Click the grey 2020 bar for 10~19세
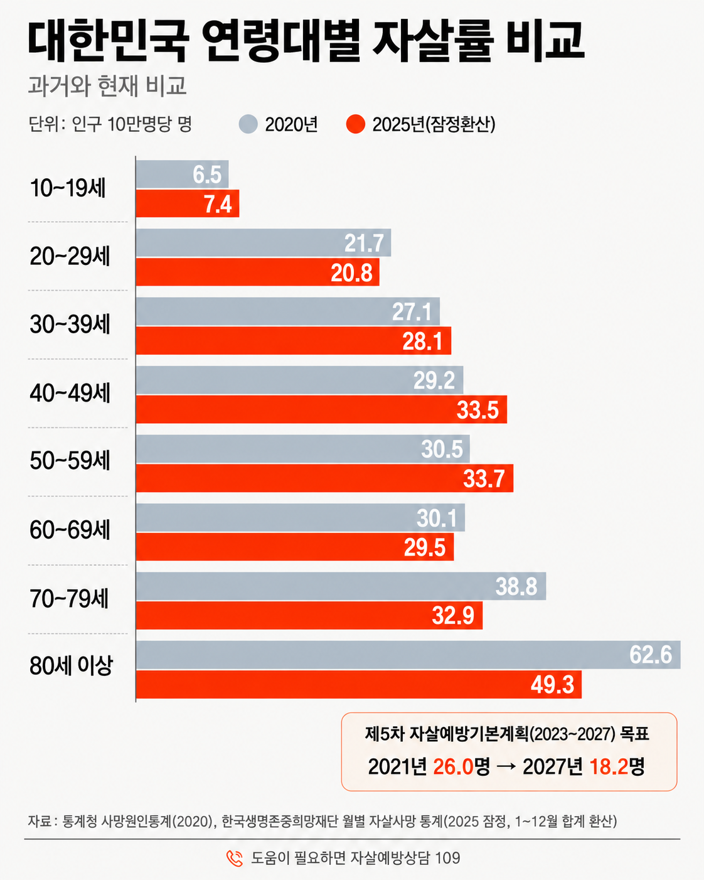coord(183,174)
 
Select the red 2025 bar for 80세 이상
coord(358,684)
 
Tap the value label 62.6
coord(651,655)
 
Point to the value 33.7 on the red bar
coord(484,478)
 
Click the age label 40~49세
coord(70,393)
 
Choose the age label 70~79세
coord(69,599)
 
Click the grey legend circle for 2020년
coord(248,124)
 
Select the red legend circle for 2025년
coord(355,124)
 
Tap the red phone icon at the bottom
coord(235,857)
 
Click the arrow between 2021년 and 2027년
coord(506,767)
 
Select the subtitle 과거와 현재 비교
coord(107,85)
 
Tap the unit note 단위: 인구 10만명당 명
coord(110,124)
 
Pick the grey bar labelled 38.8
coord(341,586)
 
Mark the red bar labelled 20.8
coord(257,272)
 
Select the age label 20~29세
coord(70,256)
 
